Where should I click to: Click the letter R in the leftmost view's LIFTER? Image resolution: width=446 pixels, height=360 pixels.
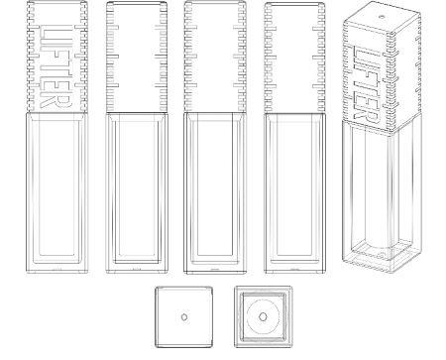(56, 100)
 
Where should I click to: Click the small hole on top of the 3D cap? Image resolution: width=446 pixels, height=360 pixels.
(382, 16)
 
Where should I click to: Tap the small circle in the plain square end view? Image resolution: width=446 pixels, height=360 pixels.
(184, 317)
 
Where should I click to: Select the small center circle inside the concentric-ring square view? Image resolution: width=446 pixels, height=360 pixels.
(263, 317)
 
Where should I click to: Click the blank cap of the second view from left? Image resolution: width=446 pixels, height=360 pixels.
(137, 57)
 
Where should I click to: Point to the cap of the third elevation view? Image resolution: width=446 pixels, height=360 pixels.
(215, 57)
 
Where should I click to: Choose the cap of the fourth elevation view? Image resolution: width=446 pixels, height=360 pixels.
(294, 58)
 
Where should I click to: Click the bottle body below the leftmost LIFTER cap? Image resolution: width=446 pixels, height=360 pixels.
(56, 192)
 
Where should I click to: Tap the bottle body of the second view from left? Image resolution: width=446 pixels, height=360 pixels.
(137, 192)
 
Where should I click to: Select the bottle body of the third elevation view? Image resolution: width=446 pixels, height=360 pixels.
(215, 193)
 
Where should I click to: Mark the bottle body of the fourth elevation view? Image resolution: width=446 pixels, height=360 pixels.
(295, 193)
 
